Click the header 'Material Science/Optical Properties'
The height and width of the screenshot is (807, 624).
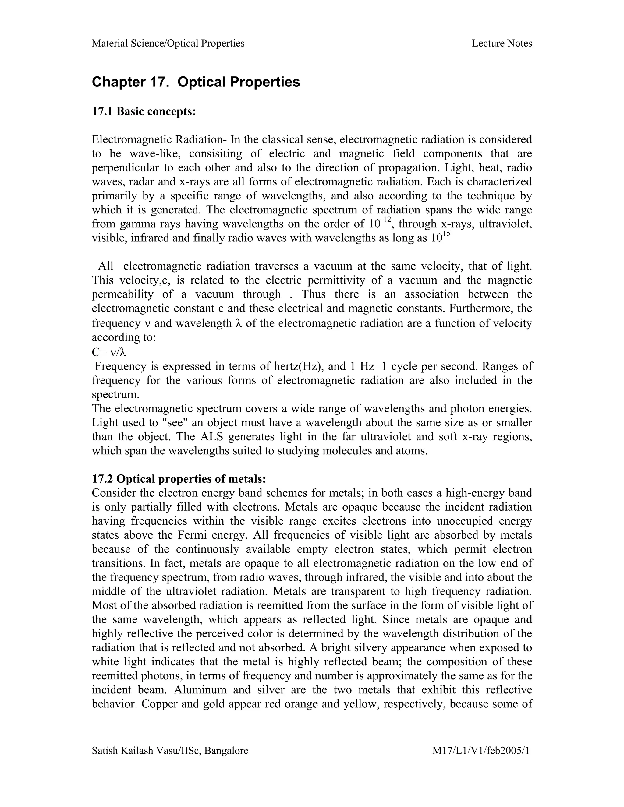click(x=168, y=44)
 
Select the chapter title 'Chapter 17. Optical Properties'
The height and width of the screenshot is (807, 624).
click(x=196, y=82)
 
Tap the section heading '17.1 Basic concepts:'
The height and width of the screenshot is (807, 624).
click(x=144, y=111)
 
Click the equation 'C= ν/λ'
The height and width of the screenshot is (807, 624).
click(x=109, y=353)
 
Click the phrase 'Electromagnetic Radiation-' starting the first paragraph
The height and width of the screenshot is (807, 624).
click(x=159, y=140)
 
